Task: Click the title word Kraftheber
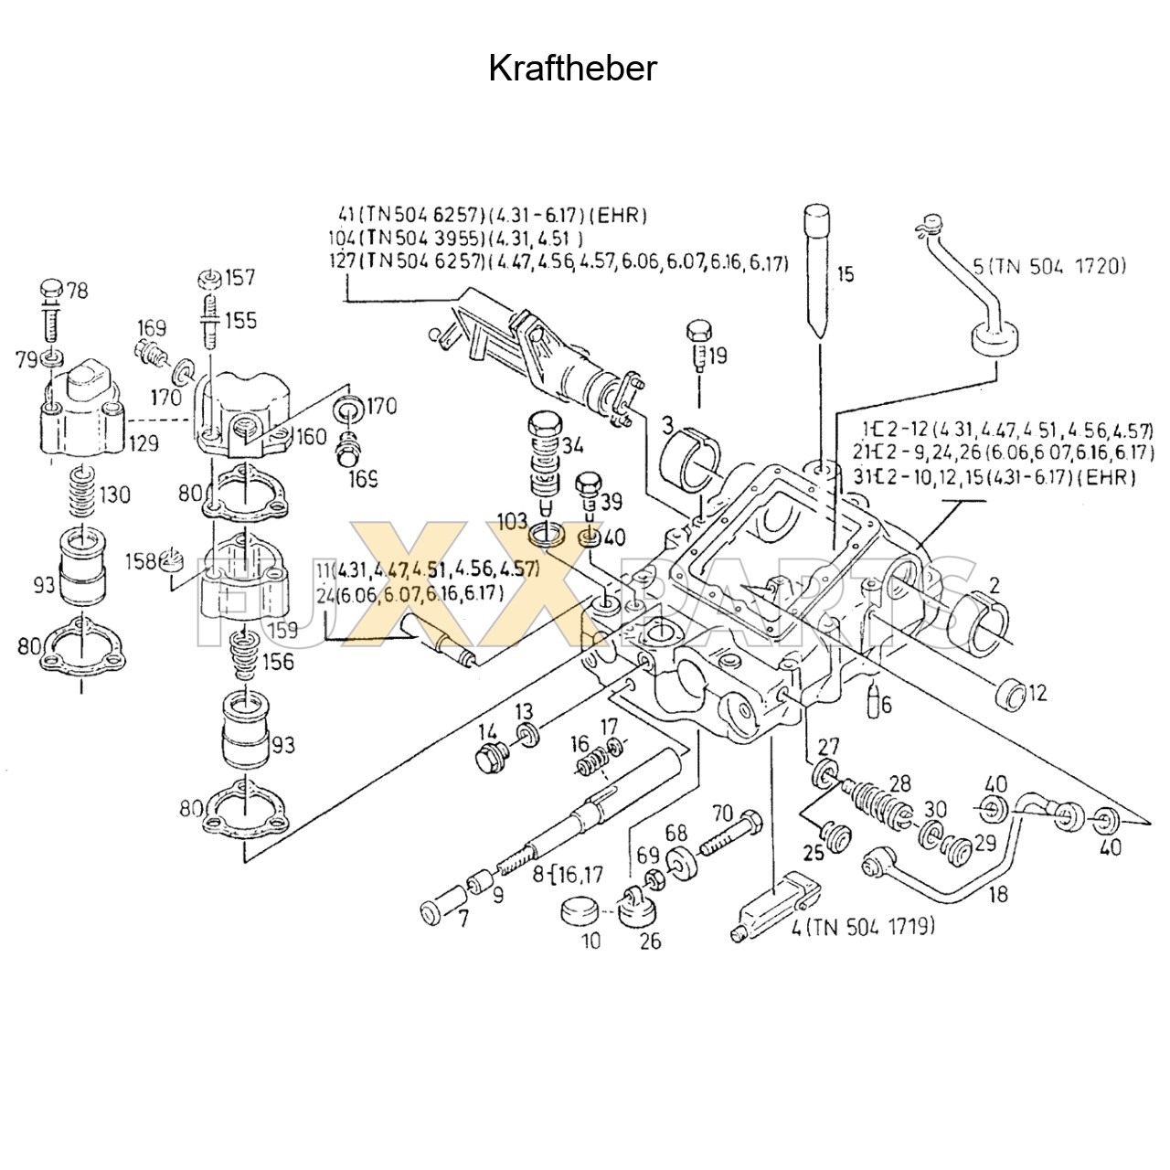[572, 69]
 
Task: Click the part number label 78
[78, 292]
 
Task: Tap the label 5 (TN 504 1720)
[1049, 267]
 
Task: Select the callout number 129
[144, 443]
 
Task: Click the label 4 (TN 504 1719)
[863, 927]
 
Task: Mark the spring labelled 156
[244, 654]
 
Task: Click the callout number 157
[241, 277]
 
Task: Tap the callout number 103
[513, 521]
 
